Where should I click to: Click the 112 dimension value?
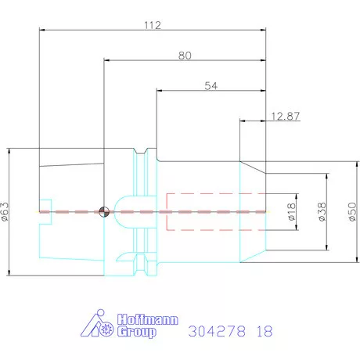click(x=152, y=26)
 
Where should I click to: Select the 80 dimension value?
click(x=185, y=56)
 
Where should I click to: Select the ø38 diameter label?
click(x=321, y=211)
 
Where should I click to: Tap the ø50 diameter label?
click(x=351, y=211)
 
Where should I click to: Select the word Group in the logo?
click(x=136, y=332)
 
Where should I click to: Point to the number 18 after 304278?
click(x=264, y=331)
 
